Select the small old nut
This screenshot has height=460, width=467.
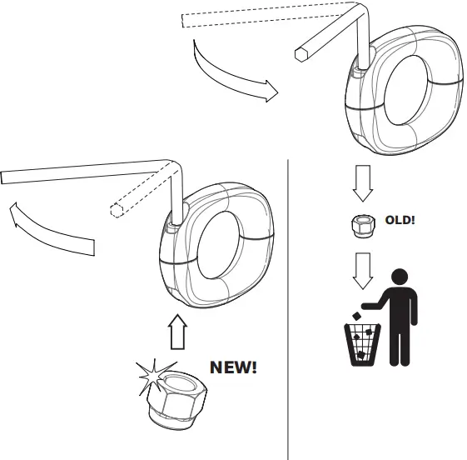[360, 226]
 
